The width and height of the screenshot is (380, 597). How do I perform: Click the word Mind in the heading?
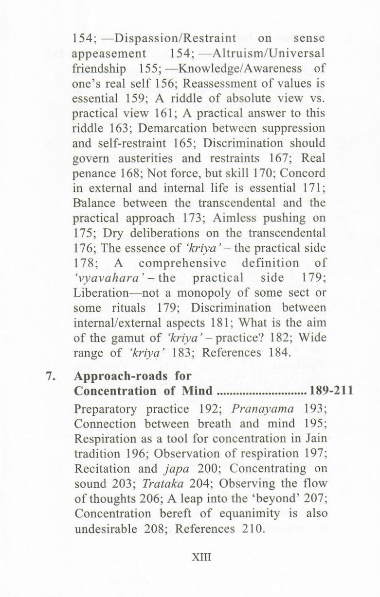click(x=196, y=391)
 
